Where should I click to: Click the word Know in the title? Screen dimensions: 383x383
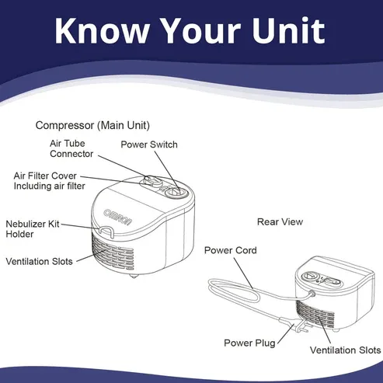pos(103,30)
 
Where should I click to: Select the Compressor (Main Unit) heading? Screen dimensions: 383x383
pos(92,126)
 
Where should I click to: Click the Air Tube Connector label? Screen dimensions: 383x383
pos(71,148)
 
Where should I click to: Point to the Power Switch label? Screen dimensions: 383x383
pos(149,144)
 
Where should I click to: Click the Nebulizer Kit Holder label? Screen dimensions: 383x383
pos(33,229)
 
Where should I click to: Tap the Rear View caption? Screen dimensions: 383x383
pos(280,221)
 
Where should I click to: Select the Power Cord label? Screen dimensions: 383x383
pos(231,250)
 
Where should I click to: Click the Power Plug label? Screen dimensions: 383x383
pos(249,343)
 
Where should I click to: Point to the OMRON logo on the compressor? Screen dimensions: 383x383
pos(118,217)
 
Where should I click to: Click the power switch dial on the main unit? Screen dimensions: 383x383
pos(176,193)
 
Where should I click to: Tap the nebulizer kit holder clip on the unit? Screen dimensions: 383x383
pos(106,231)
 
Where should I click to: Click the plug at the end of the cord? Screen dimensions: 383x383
pos(301,326)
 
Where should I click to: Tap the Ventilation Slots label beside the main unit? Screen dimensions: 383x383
pos(39,262)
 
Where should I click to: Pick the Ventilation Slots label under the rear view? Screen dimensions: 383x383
pos(345,350)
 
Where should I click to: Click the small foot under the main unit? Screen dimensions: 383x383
pos(134,276)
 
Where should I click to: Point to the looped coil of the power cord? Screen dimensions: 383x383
pos(234,291)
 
